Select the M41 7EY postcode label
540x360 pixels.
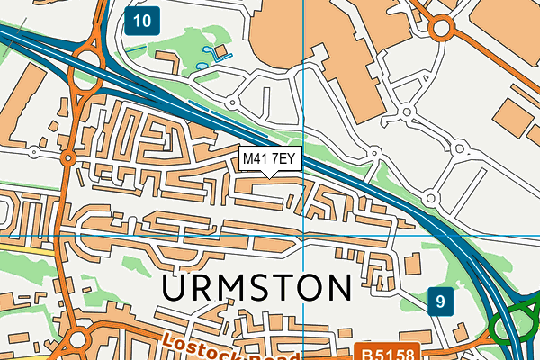point(269,159)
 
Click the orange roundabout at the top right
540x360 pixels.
point(440,29)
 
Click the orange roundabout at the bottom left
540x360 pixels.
point(75,341)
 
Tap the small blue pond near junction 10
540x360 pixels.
point(214,53)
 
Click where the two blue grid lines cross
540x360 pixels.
point(304,236)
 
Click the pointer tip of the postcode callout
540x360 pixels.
point(269,175)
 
